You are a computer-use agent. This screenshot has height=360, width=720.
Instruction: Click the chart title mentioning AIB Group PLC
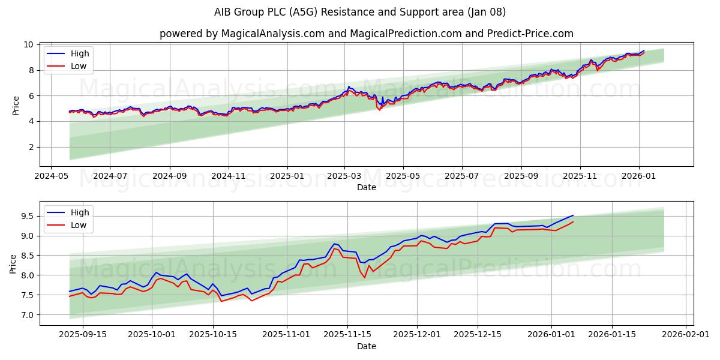tap(360, 12)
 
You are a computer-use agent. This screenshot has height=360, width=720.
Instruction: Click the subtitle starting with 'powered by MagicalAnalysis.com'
tap(366, 34)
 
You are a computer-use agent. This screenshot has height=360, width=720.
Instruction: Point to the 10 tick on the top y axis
tap(28, 45)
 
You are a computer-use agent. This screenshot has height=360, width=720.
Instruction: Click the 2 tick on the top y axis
tap(31, 147)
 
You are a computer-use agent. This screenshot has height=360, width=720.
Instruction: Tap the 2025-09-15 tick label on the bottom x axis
tap(82, 334)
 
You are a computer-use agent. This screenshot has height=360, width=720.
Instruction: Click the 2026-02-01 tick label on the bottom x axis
tap(686, 334)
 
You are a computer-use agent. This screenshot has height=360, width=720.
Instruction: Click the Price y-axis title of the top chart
tap(16, 106)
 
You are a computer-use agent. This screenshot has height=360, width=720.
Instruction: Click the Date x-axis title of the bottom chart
tap(366, 346)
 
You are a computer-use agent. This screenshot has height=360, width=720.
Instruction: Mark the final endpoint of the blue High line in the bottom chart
tap(573, 215)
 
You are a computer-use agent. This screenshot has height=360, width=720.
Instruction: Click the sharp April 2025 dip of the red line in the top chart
tap(379, 110)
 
